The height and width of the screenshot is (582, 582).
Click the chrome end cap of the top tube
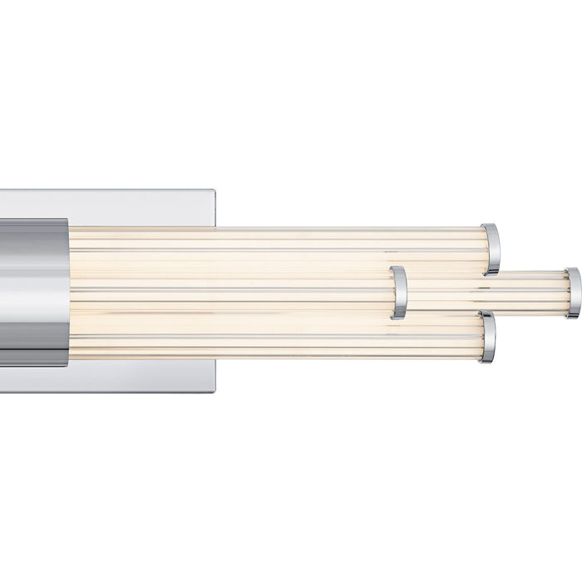491,249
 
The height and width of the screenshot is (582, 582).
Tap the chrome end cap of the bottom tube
488,338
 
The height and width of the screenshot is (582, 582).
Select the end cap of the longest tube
573,293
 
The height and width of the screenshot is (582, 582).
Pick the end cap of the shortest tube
399,293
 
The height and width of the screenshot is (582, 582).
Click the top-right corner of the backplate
214,191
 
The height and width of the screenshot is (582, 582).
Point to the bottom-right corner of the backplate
214,391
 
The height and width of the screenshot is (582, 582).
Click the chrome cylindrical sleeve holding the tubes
33,291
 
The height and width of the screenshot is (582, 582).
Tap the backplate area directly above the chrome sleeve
33,204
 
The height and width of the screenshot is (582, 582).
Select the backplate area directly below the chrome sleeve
33,379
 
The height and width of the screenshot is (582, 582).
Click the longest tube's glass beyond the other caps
532,293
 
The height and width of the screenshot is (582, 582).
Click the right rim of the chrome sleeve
67,291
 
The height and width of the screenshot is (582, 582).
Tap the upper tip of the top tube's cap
491,225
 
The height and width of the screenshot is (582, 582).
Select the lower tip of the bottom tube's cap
488,361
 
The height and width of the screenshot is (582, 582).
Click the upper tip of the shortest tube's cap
398,268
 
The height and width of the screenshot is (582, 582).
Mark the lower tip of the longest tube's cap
574,316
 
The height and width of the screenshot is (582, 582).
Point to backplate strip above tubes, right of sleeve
141,208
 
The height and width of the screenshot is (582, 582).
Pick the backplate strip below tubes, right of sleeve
141,376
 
